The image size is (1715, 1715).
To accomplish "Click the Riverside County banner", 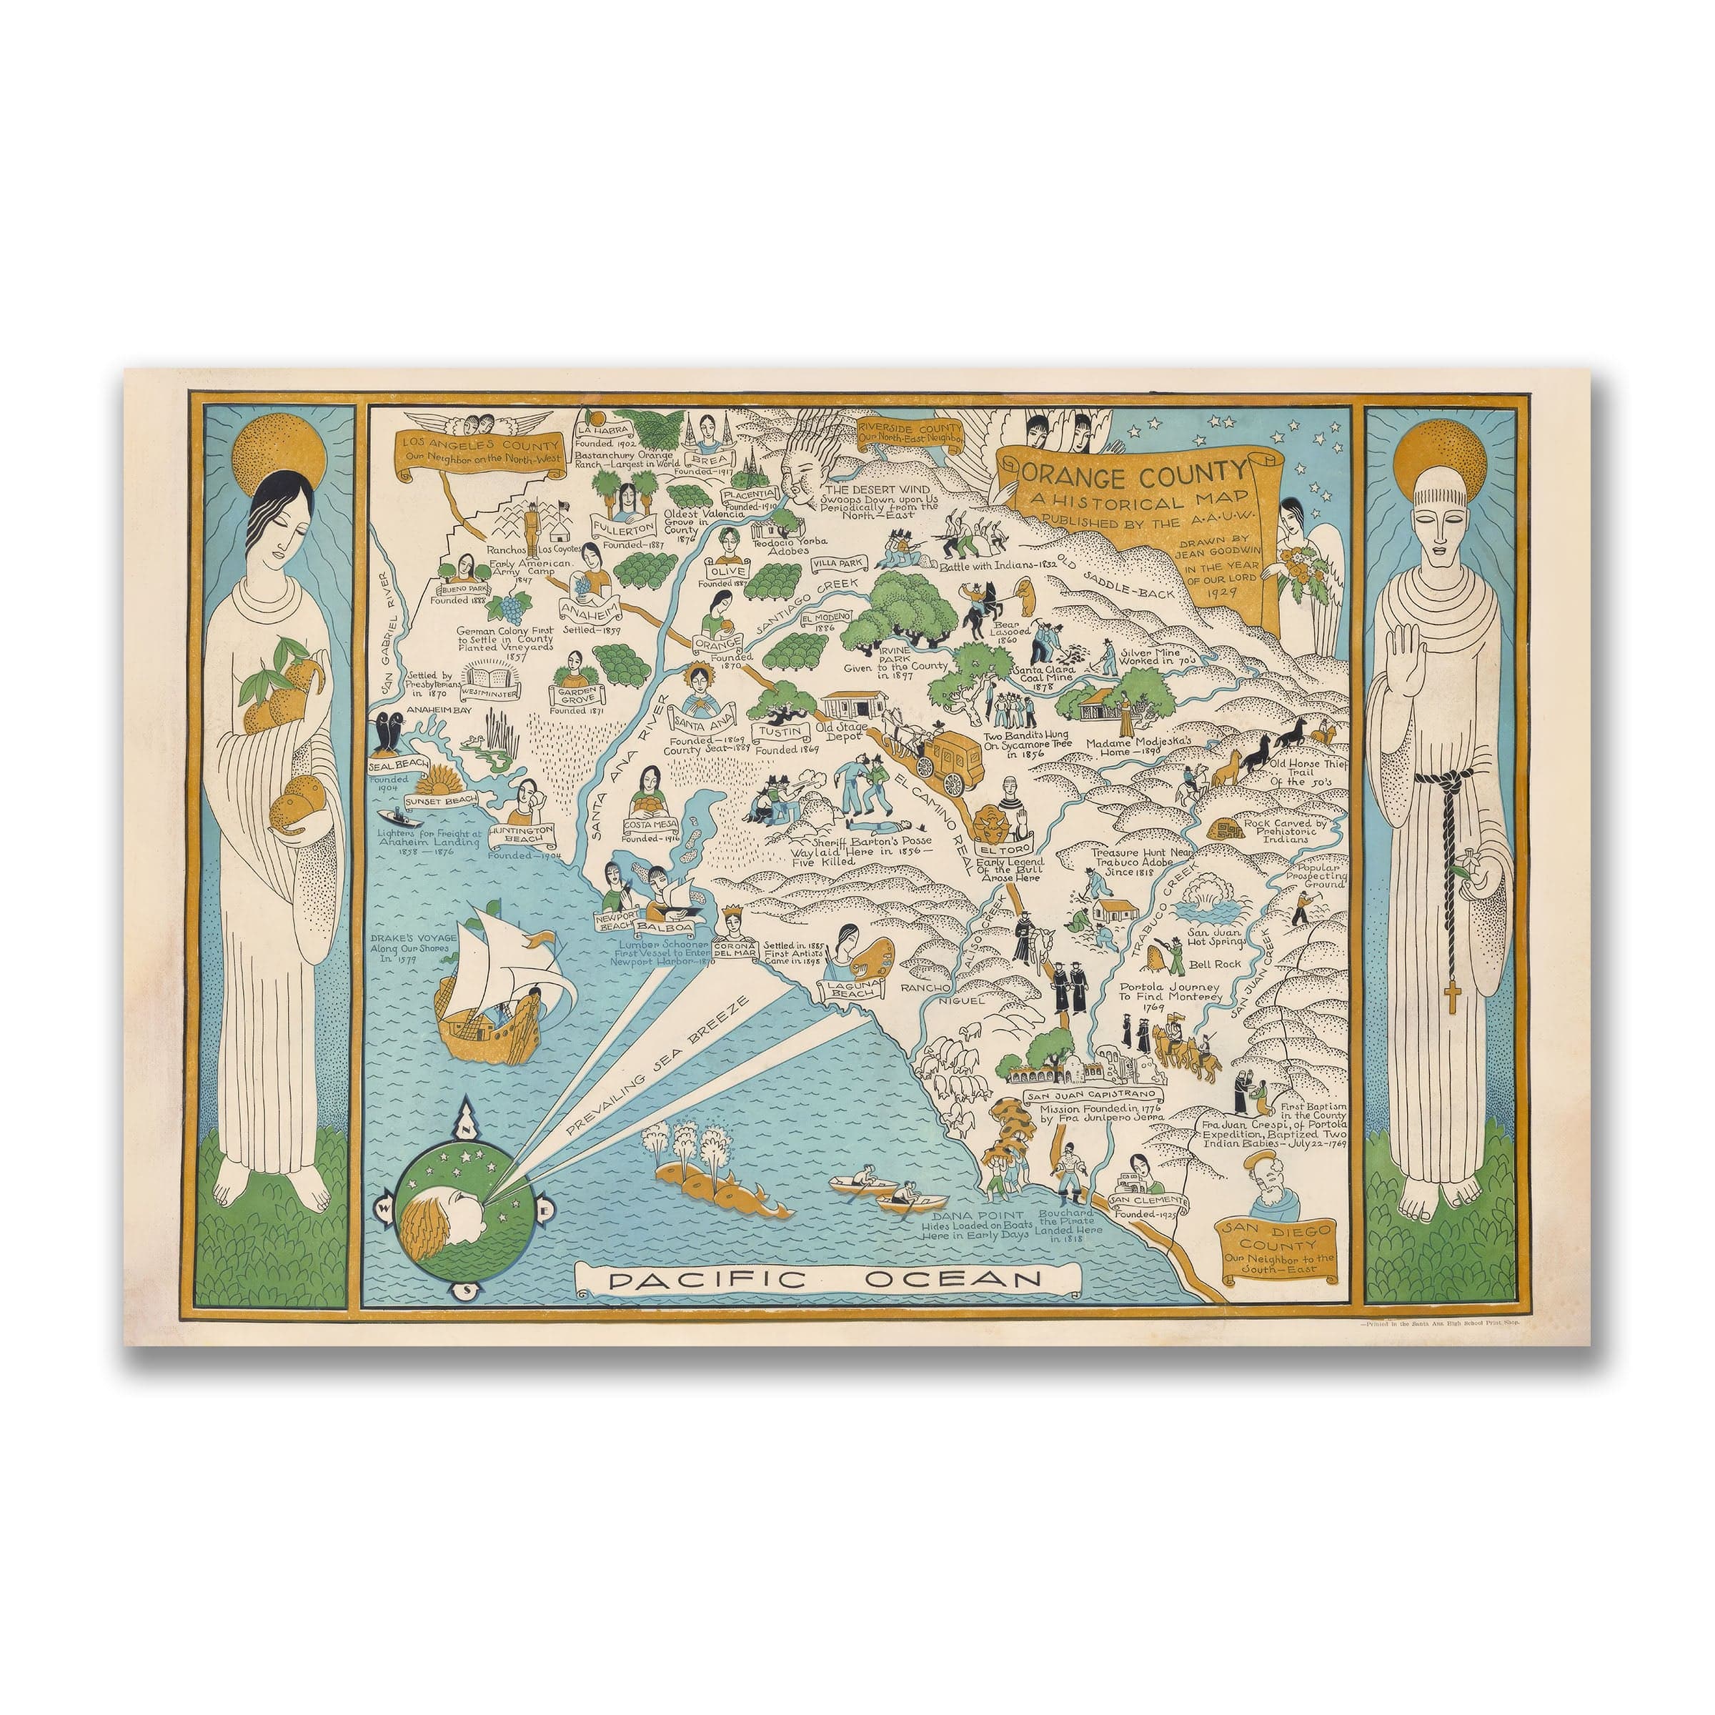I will click(909, 432).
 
